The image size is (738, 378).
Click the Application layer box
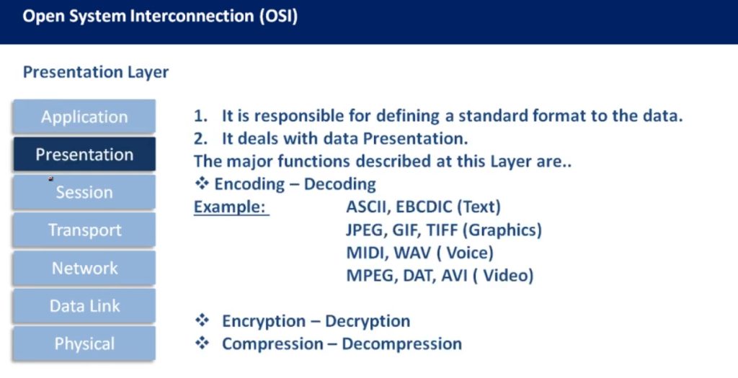tap(84, 116)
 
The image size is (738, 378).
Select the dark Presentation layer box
tap(84, 154)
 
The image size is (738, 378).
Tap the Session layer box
tap(84, 192)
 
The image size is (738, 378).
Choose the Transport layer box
tap(84, 230)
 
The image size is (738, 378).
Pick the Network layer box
tap(84, 268)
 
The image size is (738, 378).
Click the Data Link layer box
tap(84, 305)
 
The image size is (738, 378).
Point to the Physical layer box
tap(84, 343)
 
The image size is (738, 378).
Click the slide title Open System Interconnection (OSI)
tap(160, 17)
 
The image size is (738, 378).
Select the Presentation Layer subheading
tap(96, 73)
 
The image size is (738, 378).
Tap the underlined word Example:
tap(231, 207)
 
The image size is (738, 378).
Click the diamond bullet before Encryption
tap(202, 320)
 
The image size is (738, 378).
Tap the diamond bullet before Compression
tap(202, 343)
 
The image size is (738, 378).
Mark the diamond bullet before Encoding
tap(202, 184)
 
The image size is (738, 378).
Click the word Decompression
tap(401, 344)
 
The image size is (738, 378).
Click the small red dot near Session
tap(51, 179)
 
